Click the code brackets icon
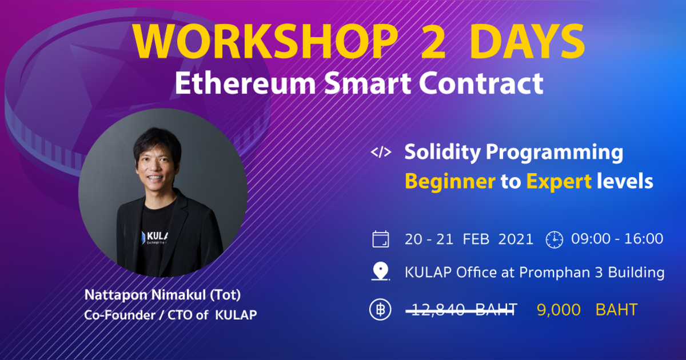click(x=381, y=153)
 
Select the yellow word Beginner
click(x=450, y=182)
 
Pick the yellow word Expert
click(x=559, y=182)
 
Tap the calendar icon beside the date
click(x=381, y=239)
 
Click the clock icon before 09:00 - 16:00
click(x=554, y=239)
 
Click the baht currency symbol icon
click(x=380, y=310)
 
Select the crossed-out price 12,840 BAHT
click(x=461, y=310)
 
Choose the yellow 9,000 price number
click(x=559, y=310)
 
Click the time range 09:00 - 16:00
click(x=617, y=239)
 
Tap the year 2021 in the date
click(x=516, y=239)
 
